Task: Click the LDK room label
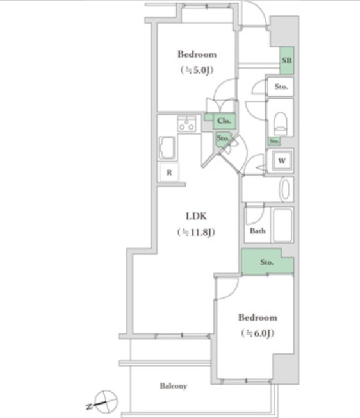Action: coord(196,216)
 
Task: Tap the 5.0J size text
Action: coord(197,70)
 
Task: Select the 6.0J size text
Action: coord(258,333)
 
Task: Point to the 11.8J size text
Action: coord(196,232)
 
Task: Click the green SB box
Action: coord(287,61)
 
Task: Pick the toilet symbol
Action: coord(281,124)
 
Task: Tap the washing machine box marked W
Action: coord(282,161)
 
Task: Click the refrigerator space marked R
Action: coord(169,172)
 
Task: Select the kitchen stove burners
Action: coord(186,124)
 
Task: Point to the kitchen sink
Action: coord(167,148)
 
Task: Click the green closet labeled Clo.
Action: coord(224,121)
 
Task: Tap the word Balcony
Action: coord(174,386)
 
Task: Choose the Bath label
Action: coord(258,231)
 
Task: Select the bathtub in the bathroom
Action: coord(282,225)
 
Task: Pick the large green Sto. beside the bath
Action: coord(267,262)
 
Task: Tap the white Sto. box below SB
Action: coord(281,87)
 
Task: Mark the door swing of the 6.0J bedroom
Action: coord(227,287)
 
